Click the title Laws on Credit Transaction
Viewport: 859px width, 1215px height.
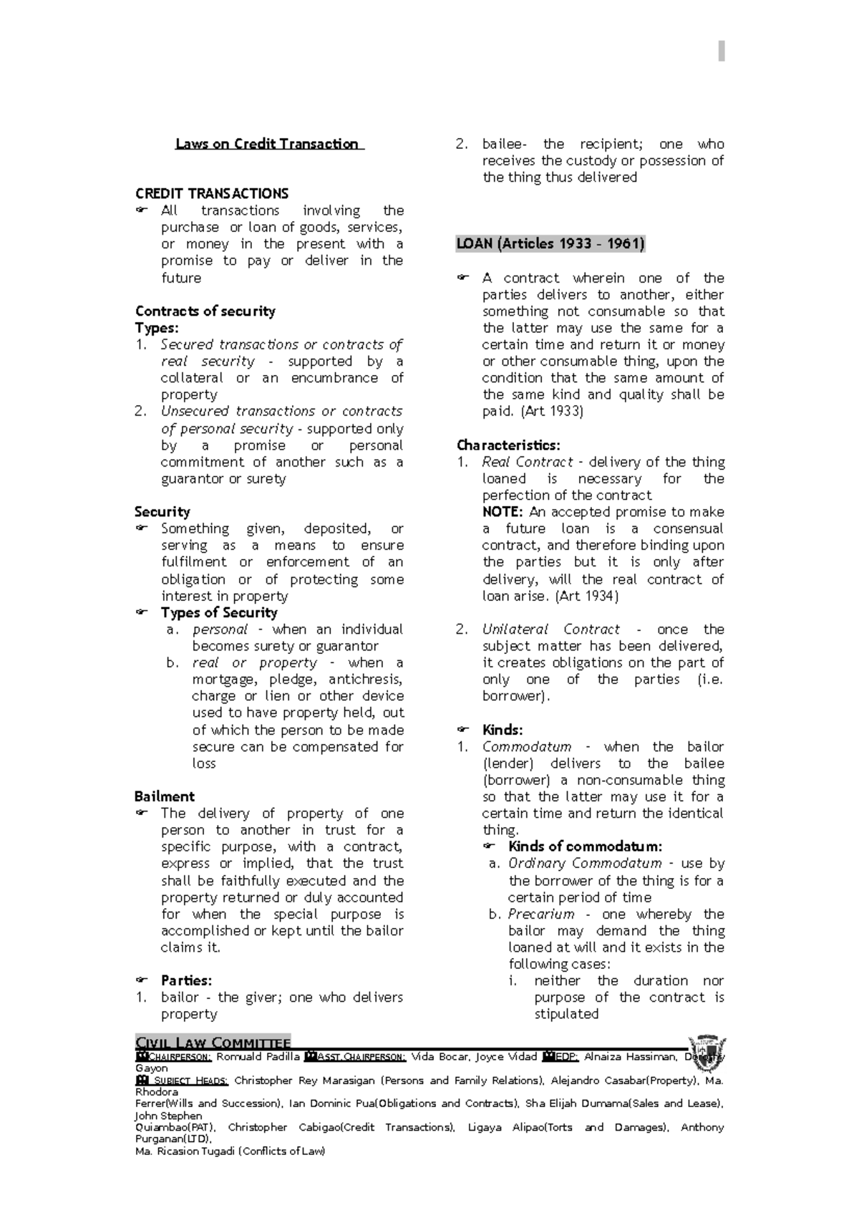coord(268,144)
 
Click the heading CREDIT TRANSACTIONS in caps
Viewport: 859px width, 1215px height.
coord(211,193)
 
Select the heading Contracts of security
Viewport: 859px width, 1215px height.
coord(205,311)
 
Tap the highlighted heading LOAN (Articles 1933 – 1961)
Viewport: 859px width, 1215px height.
coord(550,244)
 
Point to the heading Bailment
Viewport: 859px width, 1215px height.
coord(164,796)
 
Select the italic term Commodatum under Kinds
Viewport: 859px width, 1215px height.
coord(527,747)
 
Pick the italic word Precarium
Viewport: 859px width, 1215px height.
coord(541,914)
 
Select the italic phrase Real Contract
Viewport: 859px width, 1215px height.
coord(528,462)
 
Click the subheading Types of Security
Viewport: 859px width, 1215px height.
coord(218,613)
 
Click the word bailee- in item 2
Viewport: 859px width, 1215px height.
coord(505,144)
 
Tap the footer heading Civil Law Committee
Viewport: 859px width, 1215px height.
coord(212,1043)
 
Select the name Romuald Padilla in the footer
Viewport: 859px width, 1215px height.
coord(258,1057)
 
